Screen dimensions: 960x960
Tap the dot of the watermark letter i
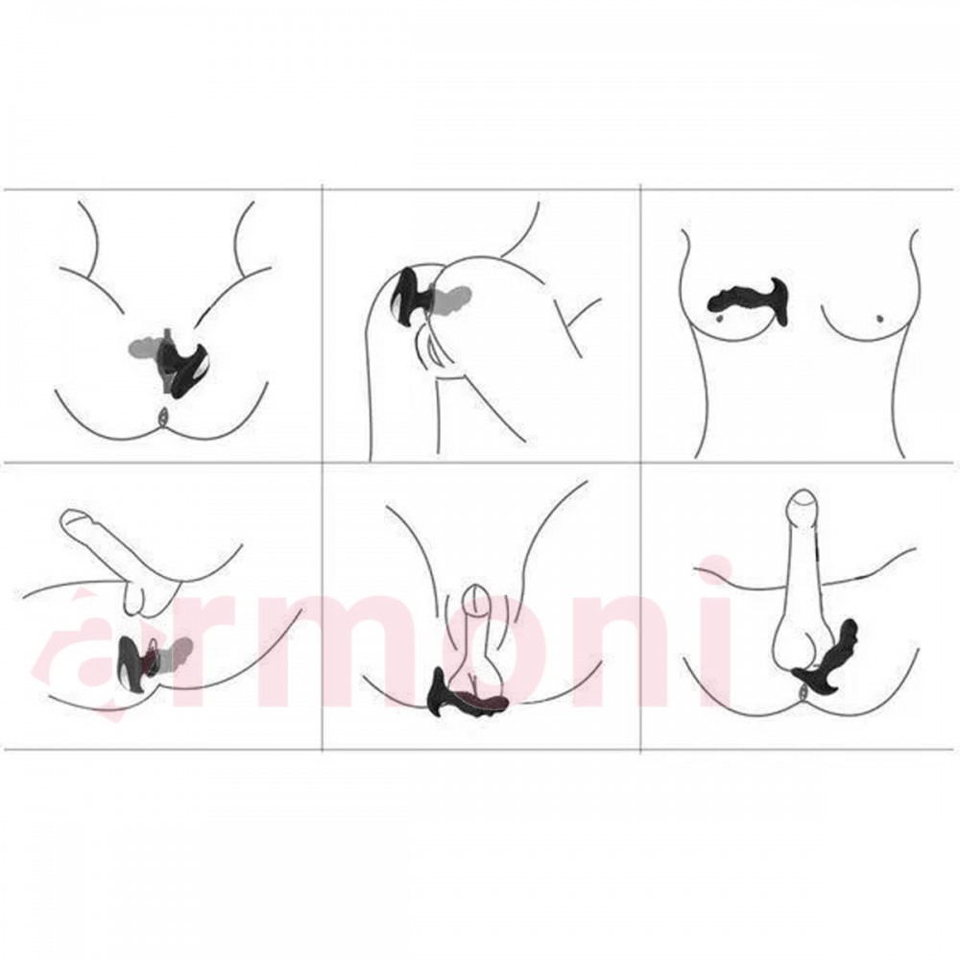712,567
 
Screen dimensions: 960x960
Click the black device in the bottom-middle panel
467,698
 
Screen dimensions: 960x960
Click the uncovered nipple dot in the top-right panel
879,319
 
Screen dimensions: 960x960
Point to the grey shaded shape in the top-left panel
146,350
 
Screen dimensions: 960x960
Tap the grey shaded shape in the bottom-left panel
178,653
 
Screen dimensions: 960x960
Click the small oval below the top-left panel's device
162,418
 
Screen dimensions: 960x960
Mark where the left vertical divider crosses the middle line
323,463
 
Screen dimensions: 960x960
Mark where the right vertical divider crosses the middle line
640,463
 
